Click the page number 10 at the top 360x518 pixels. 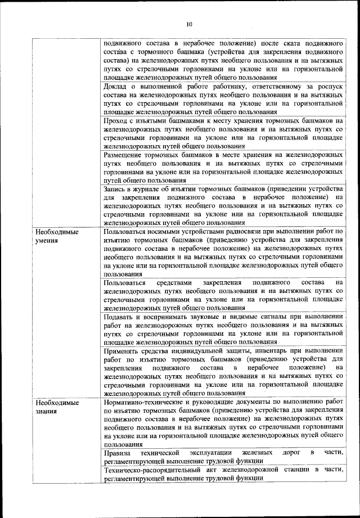pos(189,24)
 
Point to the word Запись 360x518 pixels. pos(115,188)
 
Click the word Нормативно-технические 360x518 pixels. pos(147,402)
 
